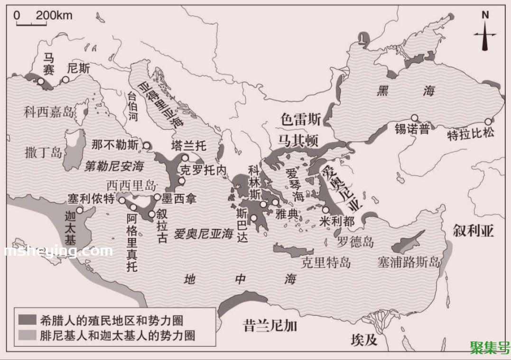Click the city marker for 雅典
click(275, 203)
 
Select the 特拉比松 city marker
click(487, 121)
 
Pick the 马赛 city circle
click(41, 82)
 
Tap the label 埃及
click(364, 340)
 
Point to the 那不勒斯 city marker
click(147, 146)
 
